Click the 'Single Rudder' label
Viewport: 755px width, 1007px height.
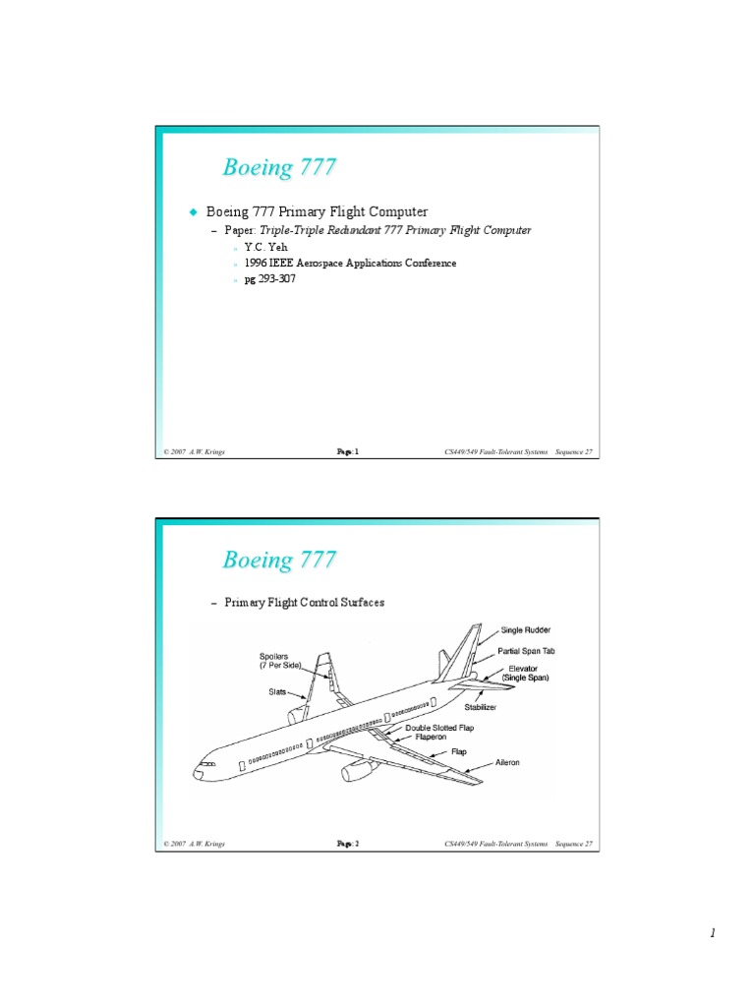click(525, 630)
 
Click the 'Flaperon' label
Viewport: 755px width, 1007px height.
click(434, 737)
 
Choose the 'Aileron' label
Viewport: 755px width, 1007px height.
click(507, 762)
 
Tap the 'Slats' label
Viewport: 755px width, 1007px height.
click(277, 691)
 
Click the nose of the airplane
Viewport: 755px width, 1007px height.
click(199, 773)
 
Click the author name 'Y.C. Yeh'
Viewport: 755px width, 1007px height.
click(265, 247)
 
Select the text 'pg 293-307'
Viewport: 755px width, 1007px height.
click(269, 279)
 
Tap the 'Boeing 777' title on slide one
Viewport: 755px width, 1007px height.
click(279, 167)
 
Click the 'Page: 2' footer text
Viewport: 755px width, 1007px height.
click(348, 844)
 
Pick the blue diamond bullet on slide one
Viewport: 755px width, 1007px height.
click(194, 211)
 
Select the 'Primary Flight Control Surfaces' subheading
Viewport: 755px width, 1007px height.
click(304, 603)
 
